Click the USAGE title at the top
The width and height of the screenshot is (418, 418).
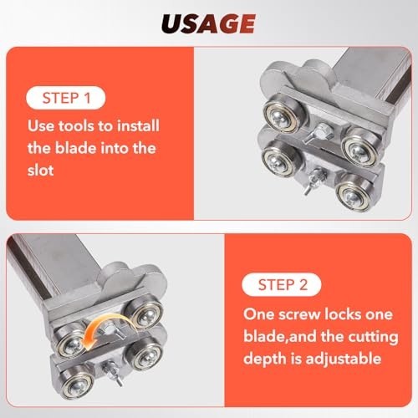(208, 23)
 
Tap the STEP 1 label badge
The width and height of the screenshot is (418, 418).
(66, 98)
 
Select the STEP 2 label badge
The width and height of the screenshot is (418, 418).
(282, 284)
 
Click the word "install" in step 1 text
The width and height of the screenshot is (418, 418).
(138, 125)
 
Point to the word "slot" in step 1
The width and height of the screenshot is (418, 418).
(40, 170)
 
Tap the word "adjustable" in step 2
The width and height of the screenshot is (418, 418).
(344, 359)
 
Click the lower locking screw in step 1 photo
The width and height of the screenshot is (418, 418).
(314, 181)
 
